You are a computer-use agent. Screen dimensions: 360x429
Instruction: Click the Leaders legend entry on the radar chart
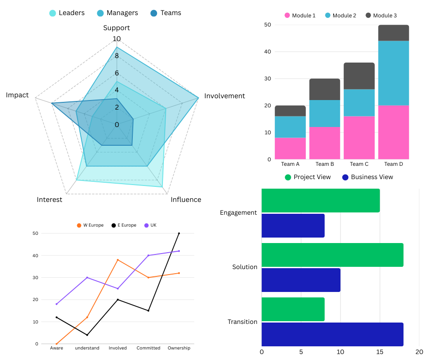point(67,13)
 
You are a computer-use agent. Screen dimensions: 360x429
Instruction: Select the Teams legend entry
point(166,13)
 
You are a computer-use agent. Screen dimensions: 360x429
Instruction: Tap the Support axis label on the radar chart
point(116,28)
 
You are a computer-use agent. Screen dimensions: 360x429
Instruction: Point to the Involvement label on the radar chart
point(225,96)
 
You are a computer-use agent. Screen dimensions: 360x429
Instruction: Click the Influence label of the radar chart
point(186,200)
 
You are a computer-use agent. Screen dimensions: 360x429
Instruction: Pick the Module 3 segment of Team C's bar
point(359,76)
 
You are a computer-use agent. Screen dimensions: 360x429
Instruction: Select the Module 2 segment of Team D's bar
point(393,73)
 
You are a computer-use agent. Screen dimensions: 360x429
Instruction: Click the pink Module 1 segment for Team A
point(290,148)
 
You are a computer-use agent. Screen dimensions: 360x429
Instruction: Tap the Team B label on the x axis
point(324,164)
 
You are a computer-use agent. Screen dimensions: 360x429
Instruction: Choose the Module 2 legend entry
point(340,16)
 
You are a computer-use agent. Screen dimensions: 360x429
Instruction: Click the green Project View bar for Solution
point(332,255)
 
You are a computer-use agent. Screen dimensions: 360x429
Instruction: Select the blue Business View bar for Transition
point(332,334)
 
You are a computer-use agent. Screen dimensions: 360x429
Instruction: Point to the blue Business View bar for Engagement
point(293,226)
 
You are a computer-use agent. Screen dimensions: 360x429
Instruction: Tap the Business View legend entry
point(367,177)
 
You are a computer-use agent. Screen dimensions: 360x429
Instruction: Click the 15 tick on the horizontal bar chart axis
point(380,352)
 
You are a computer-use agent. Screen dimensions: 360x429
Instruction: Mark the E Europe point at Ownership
point(179,233)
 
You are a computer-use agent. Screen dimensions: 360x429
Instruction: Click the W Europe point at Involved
point(118,260)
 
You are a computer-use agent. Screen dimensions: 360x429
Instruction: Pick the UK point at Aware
point(57,304)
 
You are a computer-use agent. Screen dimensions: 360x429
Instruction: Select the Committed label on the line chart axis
point(148,348)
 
